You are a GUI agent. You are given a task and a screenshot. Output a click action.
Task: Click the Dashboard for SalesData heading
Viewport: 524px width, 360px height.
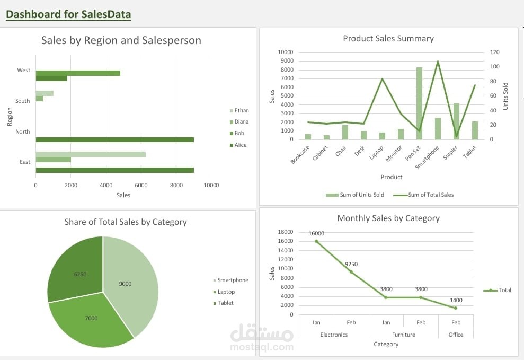pos(68,14)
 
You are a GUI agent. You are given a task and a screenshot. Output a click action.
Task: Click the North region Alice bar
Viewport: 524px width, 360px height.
pos(114,139)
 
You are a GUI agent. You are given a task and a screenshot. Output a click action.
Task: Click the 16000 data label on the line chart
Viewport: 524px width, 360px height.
pos(316,233)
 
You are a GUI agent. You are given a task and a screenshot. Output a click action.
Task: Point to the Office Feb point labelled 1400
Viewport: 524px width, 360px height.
pos(456,308)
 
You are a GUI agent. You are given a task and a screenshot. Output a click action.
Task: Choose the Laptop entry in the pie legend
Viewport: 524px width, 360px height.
pos(225,292)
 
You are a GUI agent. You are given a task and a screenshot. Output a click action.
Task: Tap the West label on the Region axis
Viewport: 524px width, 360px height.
pos(24,70)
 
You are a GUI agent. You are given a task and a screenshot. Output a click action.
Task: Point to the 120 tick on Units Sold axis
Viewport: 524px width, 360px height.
pos(494,52)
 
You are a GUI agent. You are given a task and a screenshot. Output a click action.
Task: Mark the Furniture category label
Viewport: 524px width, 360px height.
pos(404,335)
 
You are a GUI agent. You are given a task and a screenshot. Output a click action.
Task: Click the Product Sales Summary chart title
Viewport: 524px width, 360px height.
pos(388,39)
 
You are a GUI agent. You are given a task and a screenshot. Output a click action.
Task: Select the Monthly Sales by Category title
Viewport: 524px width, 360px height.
pos(388,218)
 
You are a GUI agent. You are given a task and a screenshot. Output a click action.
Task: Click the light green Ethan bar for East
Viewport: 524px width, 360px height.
pos(91,154)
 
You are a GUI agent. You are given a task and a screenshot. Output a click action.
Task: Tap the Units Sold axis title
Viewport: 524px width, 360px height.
pos(505,96)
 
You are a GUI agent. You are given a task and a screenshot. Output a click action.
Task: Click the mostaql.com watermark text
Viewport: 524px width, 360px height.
pos(262,347)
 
